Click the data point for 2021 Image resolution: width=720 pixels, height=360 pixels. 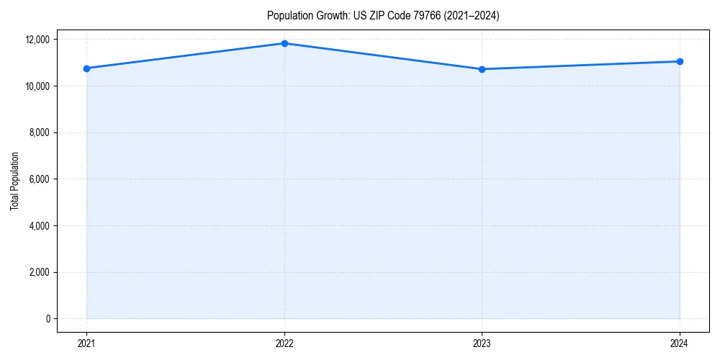click(86, 68)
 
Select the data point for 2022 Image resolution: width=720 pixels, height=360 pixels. click(284, 43)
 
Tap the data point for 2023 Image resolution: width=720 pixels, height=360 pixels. click(482, 69)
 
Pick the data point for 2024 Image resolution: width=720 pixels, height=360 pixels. click(680, 61)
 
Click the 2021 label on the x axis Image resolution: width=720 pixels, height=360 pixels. click(86, 343)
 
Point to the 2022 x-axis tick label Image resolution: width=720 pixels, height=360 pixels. click(284, 343)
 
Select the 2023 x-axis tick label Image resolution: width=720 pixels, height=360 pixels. click(482, 343)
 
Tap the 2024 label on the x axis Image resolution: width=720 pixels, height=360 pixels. click(680, 343)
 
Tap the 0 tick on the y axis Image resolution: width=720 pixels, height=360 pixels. click(48, 319)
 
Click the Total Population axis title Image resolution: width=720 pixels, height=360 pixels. click(14, 181)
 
